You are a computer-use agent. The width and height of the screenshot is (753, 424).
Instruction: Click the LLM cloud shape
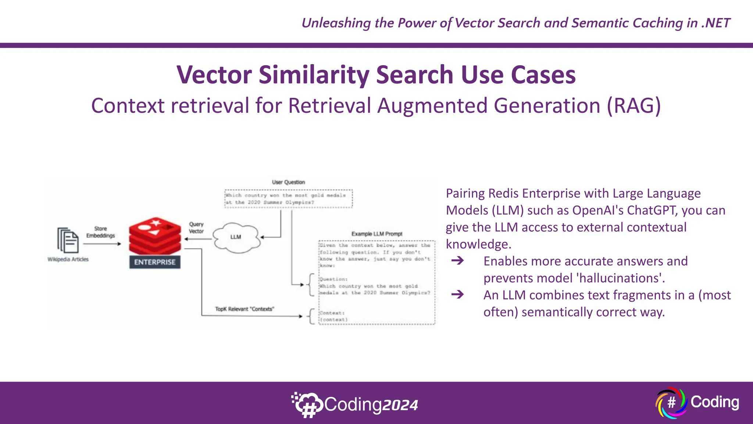[x=236, y=237]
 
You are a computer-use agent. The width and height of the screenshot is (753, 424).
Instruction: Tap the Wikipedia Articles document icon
[x=68, y=240]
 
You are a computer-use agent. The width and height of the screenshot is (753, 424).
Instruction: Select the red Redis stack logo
[x=155, y=236]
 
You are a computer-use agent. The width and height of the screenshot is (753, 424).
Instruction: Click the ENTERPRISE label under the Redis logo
[x=155, y=262]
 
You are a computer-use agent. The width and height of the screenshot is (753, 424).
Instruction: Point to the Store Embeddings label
[x=100, y=232]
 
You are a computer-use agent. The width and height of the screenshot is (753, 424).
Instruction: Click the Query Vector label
[x=196, y=227]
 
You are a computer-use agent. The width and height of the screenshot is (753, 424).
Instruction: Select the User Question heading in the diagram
[x=288, y=182]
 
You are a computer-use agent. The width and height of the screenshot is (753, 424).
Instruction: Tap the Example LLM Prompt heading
[x=376, y=234]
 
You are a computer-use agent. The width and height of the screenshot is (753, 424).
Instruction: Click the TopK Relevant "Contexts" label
[x=245, y=309]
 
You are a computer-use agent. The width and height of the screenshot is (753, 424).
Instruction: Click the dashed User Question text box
[x=288, y=199]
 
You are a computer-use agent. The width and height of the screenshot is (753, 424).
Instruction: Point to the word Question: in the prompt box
[x=333, y=279]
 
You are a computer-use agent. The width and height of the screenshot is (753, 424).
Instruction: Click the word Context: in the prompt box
[x=332, y=313]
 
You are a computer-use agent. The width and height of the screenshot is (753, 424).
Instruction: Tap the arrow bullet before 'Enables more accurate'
[x=458, y=261]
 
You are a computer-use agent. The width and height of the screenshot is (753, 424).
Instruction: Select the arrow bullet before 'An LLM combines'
[x=458, y=295]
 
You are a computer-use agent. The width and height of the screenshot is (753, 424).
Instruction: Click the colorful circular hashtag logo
[x=671, y=403]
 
